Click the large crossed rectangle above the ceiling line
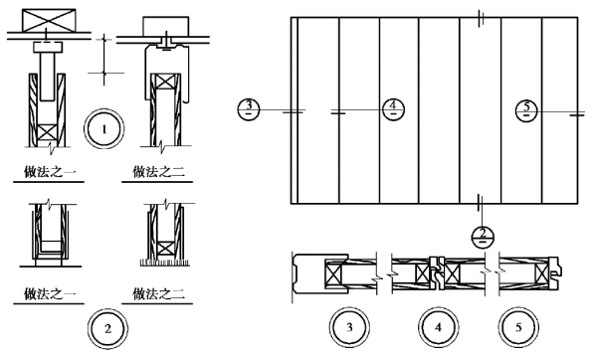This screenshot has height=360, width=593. tap(49, 21)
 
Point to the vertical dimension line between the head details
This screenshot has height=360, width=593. tap(104, 59)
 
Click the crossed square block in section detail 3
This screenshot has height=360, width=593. tap(333, 273)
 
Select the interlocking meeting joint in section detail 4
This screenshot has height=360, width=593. tap(438, 273)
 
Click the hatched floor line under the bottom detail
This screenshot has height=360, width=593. tap(165, 263)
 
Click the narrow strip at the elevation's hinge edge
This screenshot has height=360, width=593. tap(295, 110)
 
